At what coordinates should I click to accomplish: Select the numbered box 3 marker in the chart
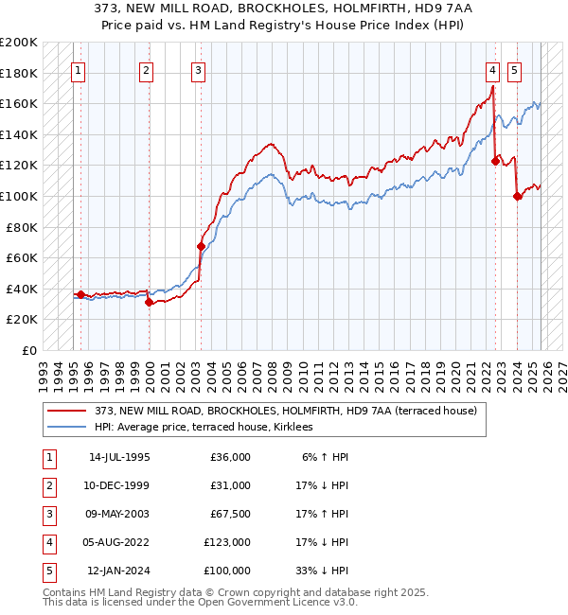point(197,69)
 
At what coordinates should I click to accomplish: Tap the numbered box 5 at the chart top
point(514,69)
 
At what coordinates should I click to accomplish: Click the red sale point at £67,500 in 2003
point(201,246)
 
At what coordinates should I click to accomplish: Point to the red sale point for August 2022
point(495,161)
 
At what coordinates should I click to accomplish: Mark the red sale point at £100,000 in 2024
point(518,196)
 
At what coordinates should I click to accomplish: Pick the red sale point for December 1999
point(150,303)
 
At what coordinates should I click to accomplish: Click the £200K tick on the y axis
point(19,43)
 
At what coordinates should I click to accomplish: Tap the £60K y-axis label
point(22,257)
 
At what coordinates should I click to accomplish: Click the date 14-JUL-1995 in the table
point(119,457)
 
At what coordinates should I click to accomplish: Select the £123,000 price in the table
point(227,542)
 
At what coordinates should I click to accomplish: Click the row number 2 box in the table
point(45,485)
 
